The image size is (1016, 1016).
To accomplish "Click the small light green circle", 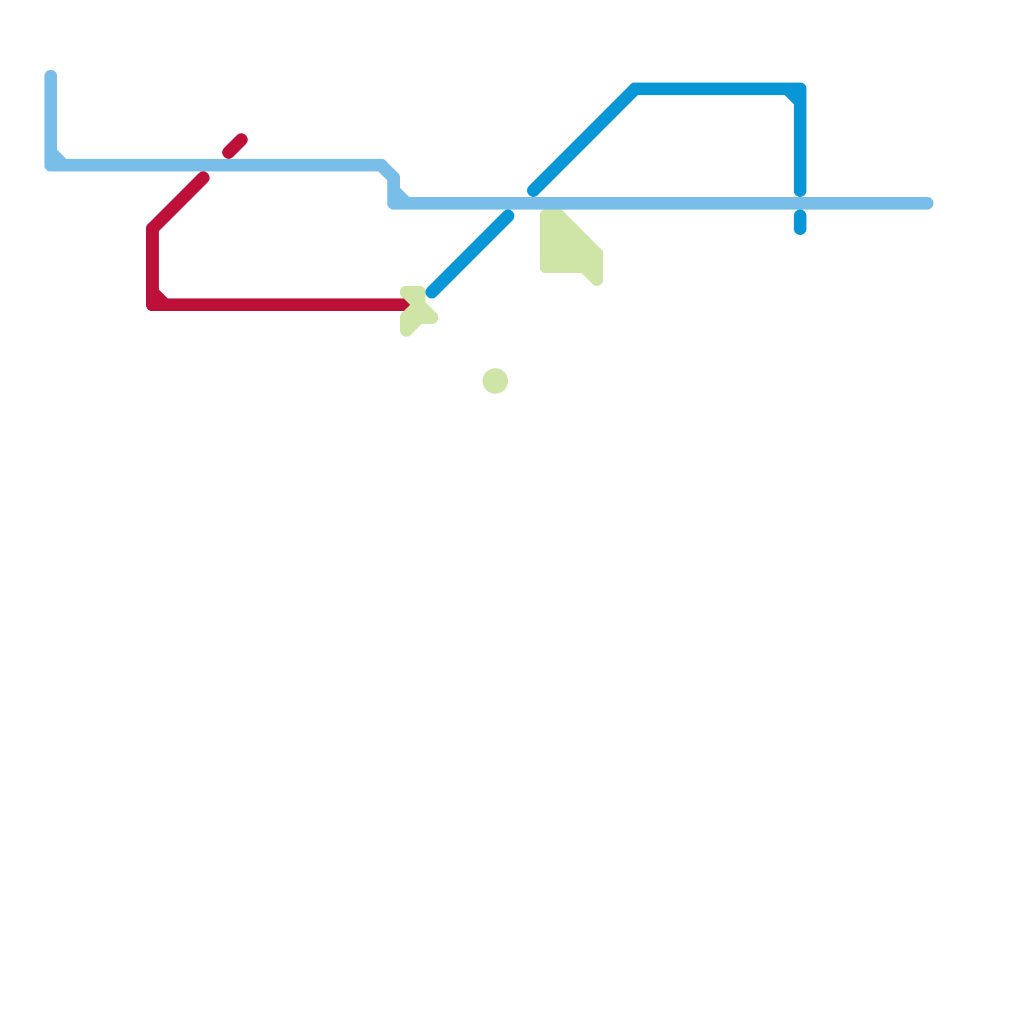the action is pyautogui.click(x=495, y=381).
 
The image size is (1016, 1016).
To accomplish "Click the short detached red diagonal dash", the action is pyautogui.click(x=235, y=146).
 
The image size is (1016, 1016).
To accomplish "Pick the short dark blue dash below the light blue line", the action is pyautogui.click(x=800, y=222).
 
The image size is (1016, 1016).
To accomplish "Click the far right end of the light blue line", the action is pyautogui.click(x=927, y=203).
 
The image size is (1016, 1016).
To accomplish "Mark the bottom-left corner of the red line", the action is pyautogui.click(x=153, y=305).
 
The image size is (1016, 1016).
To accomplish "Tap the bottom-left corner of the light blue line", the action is pyautogui.click(x=51, y=165).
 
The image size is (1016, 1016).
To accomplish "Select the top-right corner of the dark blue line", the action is pyautogui.click(x=799, y=90).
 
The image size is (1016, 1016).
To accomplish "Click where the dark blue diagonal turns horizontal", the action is pyautogui.click(x=635, y=90).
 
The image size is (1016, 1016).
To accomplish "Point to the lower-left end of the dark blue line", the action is pyautogui.click(x=432, y=293).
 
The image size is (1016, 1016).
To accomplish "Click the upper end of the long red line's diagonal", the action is pyautogui.click(x=203, y=178).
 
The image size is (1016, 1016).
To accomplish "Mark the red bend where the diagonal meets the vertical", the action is pyautogui.click(x=153, y=229).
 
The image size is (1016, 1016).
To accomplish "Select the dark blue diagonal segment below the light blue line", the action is pyautogui.click(x=470, y=254).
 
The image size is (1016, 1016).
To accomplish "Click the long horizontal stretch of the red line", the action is pyautogui.click(x=279, y=305).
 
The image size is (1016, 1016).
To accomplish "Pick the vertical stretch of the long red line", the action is pyautogui.click(x=152, y=267).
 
